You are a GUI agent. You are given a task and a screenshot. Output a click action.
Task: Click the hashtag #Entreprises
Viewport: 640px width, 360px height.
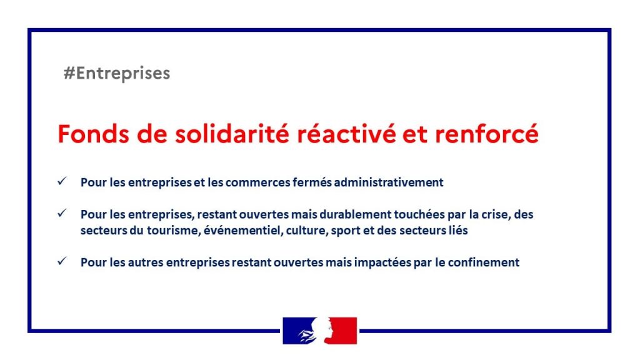point(117,74)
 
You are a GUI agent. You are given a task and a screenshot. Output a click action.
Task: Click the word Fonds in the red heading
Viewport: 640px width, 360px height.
point(94,134)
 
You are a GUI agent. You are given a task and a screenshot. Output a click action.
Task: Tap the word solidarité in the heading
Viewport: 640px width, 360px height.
point(232,134)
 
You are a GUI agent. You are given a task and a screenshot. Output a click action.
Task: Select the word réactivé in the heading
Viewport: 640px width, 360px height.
point(346,134)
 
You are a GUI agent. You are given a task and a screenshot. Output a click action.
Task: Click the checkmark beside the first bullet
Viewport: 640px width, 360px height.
point(62,181)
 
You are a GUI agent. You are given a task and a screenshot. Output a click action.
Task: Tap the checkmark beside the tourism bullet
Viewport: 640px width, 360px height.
point(62,213)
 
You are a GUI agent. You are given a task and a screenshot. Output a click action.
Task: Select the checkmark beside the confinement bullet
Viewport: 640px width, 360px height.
point(62,261)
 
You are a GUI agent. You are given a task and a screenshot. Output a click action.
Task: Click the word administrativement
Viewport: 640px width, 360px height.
point(389,182)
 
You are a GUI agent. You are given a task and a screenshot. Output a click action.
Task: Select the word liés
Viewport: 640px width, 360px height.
point(458,230)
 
